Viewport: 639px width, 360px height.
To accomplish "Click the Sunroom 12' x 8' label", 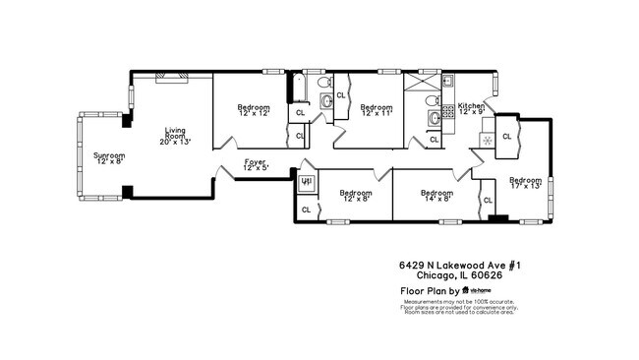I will [109, 157].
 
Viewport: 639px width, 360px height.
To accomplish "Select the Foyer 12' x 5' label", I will [255, 165].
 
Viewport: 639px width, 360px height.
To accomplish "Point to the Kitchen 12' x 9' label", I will [471, 109].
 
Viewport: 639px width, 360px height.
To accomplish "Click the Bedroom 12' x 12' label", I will [255, 109].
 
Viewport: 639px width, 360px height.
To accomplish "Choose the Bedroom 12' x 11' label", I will [376, 109].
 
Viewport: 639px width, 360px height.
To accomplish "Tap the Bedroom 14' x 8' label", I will [436, 196].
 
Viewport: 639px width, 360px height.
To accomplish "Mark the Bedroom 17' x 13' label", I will [524, 185].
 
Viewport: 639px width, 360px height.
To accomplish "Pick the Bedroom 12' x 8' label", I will [356, 196].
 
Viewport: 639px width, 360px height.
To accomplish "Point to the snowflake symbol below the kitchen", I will [485, 140].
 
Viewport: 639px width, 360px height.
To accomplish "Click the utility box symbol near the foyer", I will [305, 182].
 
